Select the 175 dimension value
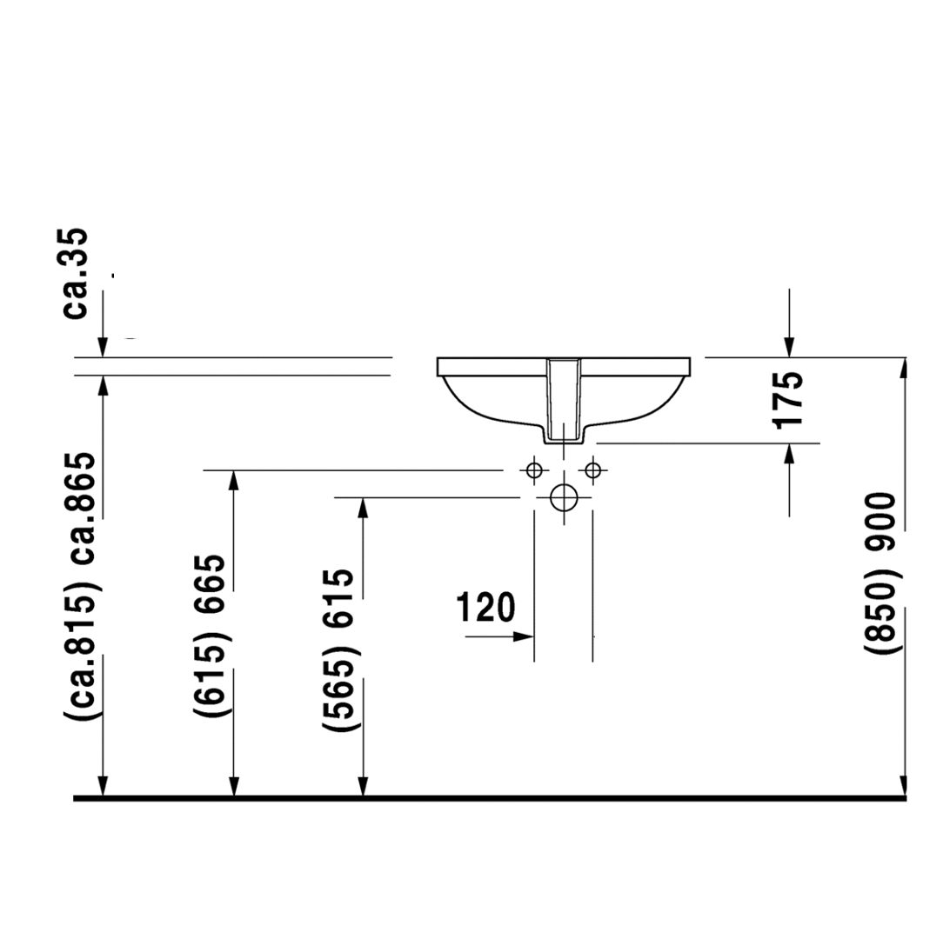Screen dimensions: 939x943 pyautogui.click(x=788, y=400)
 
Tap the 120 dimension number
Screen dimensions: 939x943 pyautogui.click(x=486, y=607)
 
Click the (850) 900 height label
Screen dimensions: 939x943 pyautogui.click(x=881, y=574)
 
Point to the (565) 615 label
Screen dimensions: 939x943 pyautogui.click(x=339, y=650)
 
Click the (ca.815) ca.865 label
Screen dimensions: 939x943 pyautogui.click(x=82, y=586)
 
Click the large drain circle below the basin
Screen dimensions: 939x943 pyautogui.click(x=564, y=497)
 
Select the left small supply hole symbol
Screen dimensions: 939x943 pyautogui.click(x=534, y=470)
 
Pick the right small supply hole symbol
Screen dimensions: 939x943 pyautogui.click(x=592, y=470)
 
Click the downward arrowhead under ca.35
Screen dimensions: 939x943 pyautogui.click(x=103, y=347)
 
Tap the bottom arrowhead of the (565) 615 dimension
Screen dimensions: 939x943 pyautogui.click(x=363, y=786)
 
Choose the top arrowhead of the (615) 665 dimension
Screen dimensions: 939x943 pyautogui.click(x=233, y=481)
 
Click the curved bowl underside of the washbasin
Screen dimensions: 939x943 pyautogui.click(x=487, y=415)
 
